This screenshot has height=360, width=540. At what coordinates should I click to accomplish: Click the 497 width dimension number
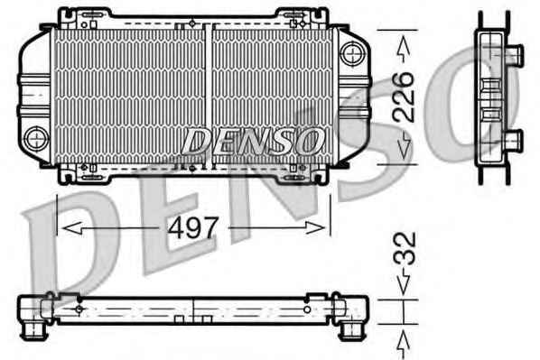coord(192,227)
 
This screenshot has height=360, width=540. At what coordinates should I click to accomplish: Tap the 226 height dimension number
coord(404,97)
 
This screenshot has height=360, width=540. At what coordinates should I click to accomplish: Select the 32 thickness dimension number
coord(405,248)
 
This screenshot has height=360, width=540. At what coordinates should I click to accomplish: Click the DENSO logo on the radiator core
coord(253,141)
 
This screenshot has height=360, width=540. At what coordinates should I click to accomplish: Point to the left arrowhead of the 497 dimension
coord(72,228)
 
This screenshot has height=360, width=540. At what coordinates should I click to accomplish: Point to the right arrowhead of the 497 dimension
coord(315,228)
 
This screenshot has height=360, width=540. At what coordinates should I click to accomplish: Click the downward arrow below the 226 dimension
coord(404,146)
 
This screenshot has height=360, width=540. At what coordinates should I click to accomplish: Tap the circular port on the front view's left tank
coord(36,139)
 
